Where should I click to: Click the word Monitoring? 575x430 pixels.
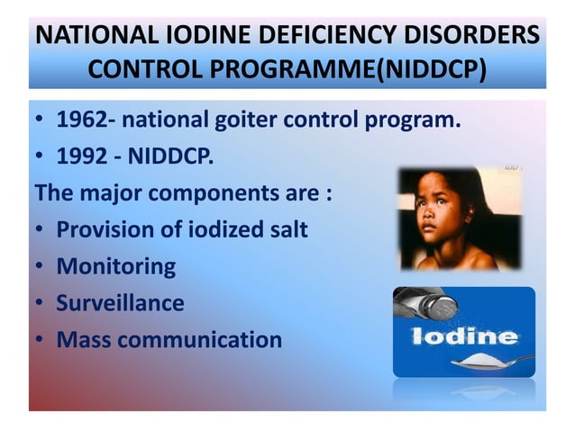115,266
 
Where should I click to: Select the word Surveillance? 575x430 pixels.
120,302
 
